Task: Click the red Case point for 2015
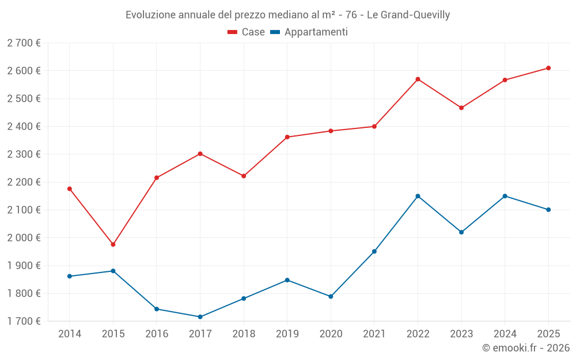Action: [x=113, y=245]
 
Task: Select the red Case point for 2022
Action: [x=418, y=79]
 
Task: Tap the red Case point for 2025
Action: [x=548, y=68]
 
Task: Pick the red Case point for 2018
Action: [x=244, y=176]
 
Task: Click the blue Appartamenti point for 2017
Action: [x=200, y=317]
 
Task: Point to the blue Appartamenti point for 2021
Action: [x=374, y=252]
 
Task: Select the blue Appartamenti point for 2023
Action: [x=461, y=232]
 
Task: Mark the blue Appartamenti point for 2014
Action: [x=70, y=276]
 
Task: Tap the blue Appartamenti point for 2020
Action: [x=331, y=297]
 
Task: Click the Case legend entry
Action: [x=247, y=32]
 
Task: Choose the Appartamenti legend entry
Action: [x=309, y=32]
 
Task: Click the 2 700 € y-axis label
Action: [x=24, y=43]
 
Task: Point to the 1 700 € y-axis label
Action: [x=24, y=321]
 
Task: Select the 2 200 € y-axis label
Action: [x=24, y=182]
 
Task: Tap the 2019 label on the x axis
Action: [x=287, y=334]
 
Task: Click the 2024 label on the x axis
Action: [x=505, y=334]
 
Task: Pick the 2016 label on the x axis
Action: [x=157, y=334]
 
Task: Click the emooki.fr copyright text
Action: [x=526, y=348]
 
